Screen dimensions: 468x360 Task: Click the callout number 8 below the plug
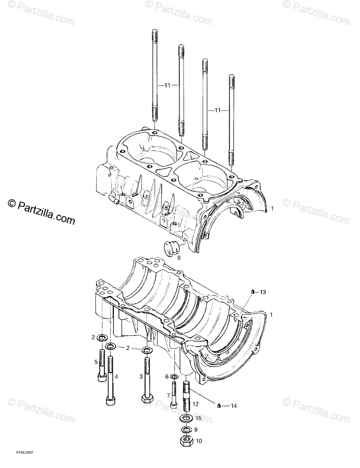point(179,257)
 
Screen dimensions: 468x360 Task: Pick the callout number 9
point(196,430)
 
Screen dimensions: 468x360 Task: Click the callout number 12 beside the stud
point(196,404)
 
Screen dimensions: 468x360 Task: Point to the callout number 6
point(167,376)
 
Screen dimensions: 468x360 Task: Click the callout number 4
point(116,377)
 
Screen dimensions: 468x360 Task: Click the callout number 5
point(95,362)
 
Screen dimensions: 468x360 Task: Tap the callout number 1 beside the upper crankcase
point(272,209)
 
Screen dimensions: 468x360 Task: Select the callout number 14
point(233,406)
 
